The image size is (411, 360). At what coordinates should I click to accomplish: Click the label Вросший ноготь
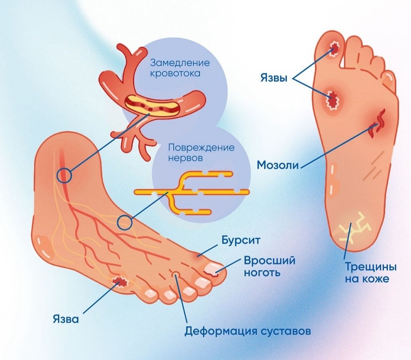[269, 267]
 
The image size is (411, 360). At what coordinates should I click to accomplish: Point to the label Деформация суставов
[247, 331]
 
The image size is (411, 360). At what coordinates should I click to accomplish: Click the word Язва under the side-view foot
[66, 319]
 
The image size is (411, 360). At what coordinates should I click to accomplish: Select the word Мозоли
[278, 164]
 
